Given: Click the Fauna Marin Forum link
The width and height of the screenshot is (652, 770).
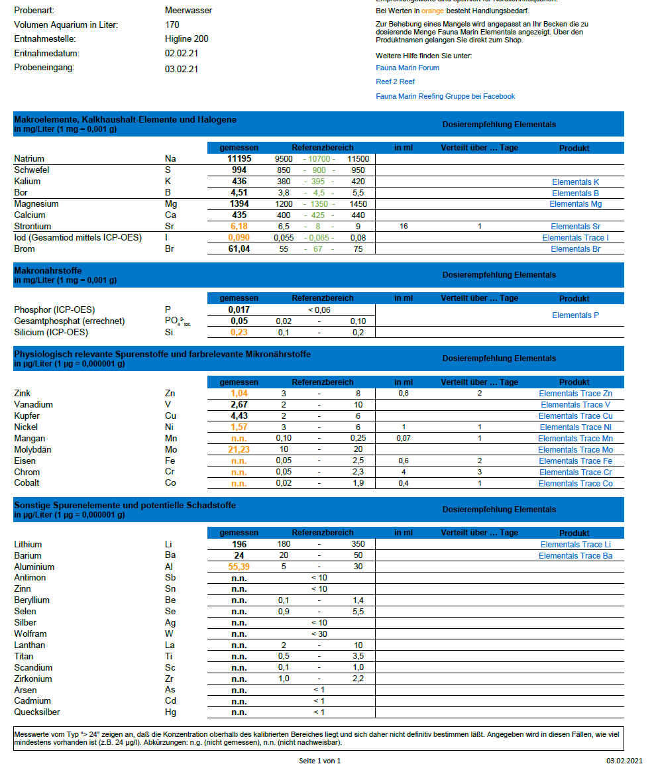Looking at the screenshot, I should (407, 68).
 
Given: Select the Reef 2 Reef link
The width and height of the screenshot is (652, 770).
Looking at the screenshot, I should (395, 82).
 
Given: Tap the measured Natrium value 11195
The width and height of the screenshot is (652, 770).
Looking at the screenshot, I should (239, 159).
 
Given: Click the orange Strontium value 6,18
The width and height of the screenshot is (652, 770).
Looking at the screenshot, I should (239, 227).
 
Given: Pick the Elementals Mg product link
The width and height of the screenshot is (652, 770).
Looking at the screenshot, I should (575, 204).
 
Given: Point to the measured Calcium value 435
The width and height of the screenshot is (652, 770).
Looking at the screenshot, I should (239, 215).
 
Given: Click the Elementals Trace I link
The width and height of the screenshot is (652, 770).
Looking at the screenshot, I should (575, 238).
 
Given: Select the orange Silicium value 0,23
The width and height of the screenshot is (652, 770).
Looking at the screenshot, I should (239, 333).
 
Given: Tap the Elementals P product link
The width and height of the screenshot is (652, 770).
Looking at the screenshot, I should (575, 315).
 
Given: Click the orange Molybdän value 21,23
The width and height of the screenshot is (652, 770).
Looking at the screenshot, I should (239, 450).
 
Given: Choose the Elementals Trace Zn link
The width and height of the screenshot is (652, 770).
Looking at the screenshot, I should (575, 394).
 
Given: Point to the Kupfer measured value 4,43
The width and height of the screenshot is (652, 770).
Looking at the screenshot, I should (239, 416).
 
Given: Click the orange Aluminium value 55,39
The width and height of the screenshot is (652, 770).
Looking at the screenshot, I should (239, 567).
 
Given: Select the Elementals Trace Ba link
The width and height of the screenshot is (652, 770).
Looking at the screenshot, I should (575, 556).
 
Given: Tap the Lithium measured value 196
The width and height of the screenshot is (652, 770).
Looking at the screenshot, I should (239, 545).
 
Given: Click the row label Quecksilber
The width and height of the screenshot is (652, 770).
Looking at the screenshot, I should (37, 712).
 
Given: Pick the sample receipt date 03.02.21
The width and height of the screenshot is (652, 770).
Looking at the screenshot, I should (182, 69).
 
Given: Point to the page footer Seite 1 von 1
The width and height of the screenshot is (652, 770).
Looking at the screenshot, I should (319, 761).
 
